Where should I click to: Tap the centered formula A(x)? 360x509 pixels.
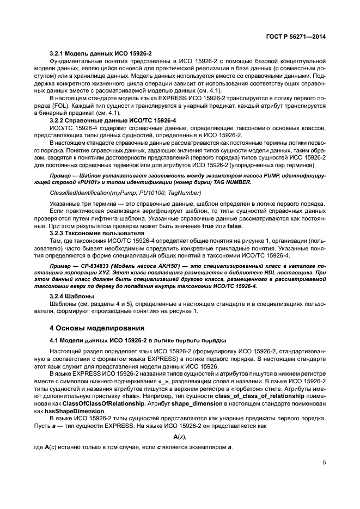(180, 437)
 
